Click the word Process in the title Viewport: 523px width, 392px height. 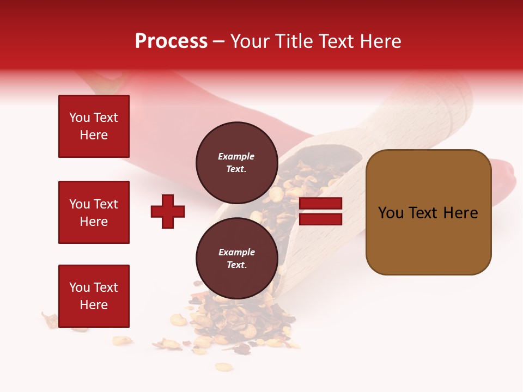tap(171, 41)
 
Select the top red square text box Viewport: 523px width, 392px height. tap(94, 126)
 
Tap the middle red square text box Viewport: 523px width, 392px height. tap(94, 212)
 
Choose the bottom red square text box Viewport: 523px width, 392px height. tap(94, 296)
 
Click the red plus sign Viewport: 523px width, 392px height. tap(168, 211)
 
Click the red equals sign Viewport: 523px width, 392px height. tap(320, 211)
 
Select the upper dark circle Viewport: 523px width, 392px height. tap(236, 163)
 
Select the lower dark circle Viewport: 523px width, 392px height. tap(236, 259)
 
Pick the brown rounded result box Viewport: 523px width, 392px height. tap(428, 212)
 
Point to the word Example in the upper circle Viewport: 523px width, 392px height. tap(236, 156)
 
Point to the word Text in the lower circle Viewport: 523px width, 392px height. tap(236, 265)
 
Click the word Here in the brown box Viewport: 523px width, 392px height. tap(460, 212)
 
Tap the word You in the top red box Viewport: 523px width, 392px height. tap(80, 118)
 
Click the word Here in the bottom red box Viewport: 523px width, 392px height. tap(94, 305)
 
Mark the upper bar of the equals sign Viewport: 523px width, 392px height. tap(320, 204)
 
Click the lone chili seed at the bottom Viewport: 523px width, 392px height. tap(223, 367)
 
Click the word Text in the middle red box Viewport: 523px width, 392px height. tap(106, 204)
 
